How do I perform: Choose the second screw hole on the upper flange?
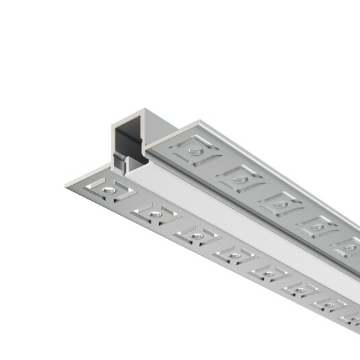coord(238,178)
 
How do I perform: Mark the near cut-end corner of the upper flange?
coord(149,146)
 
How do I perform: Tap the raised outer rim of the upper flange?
coord(269,161)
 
